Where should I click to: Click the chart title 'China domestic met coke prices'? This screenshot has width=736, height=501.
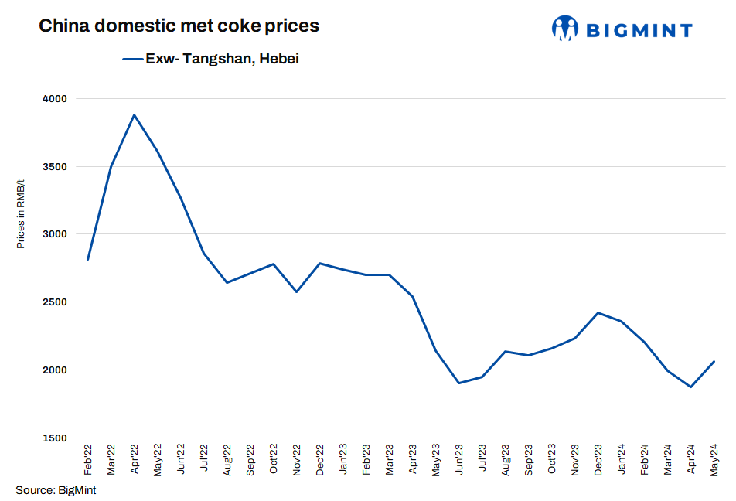pyautogui.click(x=179, y=26)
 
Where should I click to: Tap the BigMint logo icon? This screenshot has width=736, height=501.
pyautogui.click(x=565, y=29)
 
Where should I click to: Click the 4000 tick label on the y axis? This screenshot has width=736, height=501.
pyautogui.click(x=56, y=99)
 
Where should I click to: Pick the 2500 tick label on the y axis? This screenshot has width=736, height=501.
pyautogui.click(x=56, y=302)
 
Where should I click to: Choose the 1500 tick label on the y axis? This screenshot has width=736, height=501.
pyautogui.click(x=56, y=438)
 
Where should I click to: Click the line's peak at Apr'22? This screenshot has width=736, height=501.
pyautogui.click(x=135, y=115)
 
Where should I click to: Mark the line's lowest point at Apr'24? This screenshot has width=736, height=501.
pyautogui.click(x=690, y=387)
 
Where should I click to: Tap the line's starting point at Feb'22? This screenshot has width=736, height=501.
pyautogui.click(x=88, y=260)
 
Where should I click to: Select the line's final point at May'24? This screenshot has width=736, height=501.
pyautogui.click(x=714, y=361)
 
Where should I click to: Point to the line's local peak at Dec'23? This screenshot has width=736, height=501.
pyautogui.click(x=598, y=312)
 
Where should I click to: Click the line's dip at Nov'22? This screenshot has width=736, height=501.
pyautogui.click(x=296, y=291)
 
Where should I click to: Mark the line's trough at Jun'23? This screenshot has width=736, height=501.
pyautogui.click(x=458, y=383)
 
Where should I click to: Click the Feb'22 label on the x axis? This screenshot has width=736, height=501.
pyautogui.click(x=89, y=459)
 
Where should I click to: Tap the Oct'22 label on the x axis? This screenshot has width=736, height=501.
pyautogui.click(x=274, y=459)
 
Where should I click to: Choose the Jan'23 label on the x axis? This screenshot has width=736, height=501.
pyautogui.click(x=343, y=459)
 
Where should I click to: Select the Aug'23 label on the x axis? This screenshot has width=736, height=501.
pyautogui.click(x=506, y=459)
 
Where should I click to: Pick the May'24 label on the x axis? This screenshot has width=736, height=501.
pyautogui.click(x=714, y=459)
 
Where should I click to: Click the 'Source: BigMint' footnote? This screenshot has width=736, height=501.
pyautogui.click(x=56, y=489)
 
